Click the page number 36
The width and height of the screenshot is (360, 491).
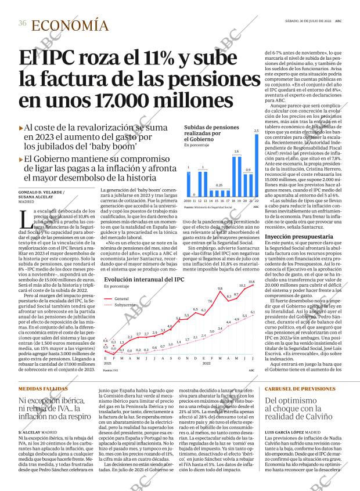[22, 23]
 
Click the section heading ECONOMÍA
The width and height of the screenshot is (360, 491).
[70, 25]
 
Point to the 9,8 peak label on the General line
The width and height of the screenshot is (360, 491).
[220, 288]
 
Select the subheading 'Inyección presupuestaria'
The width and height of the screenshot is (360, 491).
[290, 237]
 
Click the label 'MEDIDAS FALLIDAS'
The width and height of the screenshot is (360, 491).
[42, 388]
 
